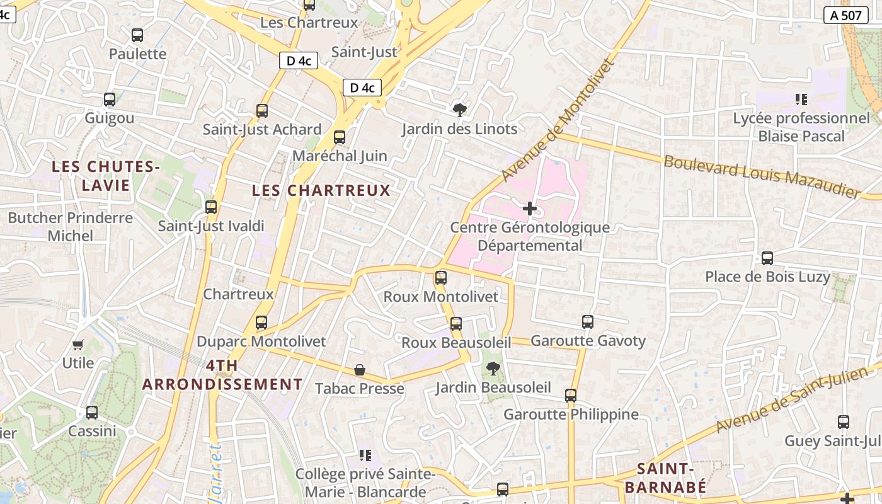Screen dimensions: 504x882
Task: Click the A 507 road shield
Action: coord(845,16)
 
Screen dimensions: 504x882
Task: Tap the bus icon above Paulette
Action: coord(137,35)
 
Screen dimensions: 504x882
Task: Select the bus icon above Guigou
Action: coord(110,100)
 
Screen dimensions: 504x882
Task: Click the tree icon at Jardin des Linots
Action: coord(460,110)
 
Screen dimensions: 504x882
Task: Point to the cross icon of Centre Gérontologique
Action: coord(530,209)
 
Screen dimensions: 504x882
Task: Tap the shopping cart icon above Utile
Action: coord(78,345)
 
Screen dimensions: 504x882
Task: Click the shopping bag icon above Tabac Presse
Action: coord(360,369)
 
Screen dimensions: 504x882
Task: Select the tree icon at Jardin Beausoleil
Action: coord(493,369)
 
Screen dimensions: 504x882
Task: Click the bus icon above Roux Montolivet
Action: coord(441,278)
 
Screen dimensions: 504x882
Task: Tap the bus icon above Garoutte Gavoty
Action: coord(588,322)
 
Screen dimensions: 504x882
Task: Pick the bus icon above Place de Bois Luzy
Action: coord(767,258)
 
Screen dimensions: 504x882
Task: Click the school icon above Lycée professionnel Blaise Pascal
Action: coord(801,99)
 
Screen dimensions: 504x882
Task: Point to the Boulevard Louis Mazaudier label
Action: coord(762,176)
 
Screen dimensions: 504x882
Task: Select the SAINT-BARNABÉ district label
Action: coord(665,478)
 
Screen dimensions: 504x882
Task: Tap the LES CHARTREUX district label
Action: coord(321,190)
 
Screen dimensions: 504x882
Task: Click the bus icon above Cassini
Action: coord(92,413)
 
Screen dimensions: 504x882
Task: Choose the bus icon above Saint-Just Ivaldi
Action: coord(211,207)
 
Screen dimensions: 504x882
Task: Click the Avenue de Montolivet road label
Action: coord(558,120)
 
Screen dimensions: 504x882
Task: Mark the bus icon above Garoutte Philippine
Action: coord(571,396)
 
